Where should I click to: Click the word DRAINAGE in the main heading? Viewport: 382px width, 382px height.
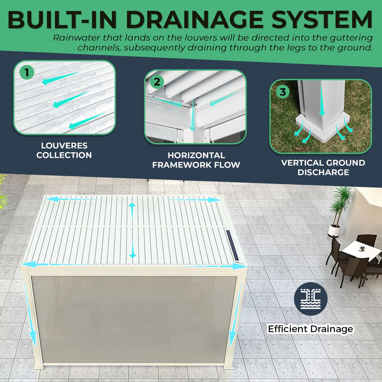pos(194,20)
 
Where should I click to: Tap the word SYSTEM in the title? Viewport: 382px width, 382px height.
pos(322,20)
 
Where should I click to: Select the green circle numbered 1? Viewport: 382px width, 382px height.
pos(27,73)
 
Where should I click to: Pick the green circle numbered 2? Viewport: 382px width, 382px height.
pos(157,82)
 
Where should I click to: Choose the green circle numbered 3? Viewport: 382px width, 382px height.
pos(283,92)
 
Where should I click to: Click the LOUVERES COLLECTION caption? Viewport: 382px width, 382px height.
pos(64,150)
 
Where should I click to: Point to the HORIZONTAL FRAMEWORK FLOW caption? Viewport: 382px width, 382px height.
pos(196,160)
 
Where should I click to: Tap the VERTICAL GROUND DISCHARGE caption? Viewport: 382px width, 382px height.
pos(323,168)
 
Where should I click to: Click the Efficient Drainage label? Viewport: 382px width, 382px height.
pos(310,329)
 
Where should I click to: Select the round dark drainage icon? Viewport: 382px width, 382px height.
pos(310,299)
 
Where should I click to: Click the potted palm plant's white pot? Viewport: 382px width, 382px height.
pos(334,231)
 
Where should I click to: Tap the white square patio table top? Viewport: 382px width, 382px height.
pos(361,250)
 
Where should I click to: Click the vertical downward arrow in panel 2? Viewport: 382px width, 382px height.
pos(192,115)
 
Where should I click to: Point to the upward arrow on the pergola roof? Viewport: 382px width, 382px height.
pos(132,212)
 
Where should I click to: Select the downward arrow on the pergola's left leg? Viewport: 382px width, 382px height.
pos(30,312)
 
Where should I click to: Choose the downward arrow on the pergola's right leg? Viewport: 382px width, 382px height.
pos(235,312)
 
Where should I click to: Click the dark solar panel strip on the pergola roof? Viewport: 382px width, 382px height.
pos(233,245)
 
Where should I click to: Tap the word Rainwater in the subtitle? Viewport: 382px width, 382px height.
pos(77,38)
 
